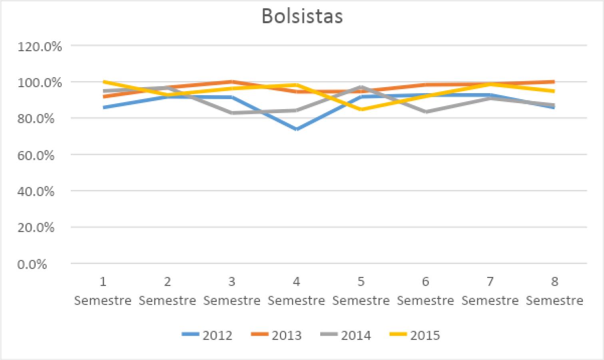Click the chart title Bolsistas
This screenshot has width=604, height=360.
pos(302,16)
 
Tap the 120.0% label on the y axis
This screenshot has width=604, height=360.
pos(40,47)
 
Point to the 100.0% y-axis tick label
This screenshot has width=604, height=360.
pos(40,83)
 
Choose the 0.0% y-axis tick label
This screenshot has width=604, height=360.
pos(32,264)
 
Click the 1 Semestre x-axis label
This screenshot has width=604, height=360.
pos(103,291)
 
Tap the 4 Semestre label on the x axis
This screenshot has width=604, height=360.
pos(296,291)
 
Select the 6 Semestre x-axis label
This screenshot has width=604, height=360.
pos(425,291)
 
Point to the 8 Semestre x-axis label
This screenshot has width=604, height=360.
pos(554,291)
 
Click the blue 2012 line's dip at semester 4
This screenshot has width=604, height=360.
pos(296,129)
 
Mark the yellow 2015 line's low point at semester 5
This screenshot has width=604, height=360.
pos(361,109)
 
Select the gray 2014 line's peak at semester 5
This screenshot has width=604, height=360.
pos(361,87)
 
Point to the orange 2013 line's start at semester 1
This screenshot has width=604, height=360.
pos(104,96)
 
